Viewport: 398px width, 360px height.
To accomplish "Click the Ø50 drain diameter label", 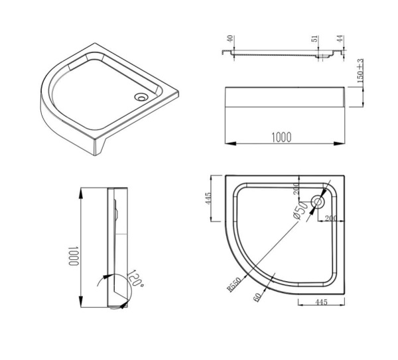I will tap(301, 213).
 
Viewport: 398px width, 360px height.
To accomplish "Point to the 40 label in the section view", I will tap(230, 40).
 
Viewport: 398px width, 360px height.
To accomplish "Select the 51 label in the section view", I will tap(314, 40).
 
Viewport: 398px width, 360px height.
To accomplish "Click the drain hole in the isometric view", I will tap(140, 97).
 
